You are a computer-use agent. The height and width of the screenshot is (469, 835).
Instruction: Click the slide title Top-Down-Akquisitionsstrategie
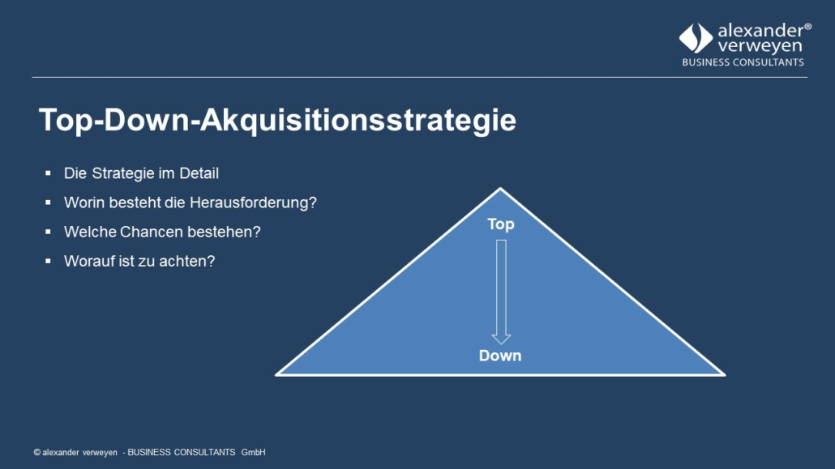pos(277,121)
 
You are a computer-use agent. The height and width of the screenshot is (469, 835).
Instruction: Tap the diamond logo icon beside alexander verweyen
pos(696,38)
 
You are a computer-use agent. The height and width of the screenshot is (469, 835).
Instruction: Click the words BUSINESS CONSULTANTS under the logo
pos(743,62)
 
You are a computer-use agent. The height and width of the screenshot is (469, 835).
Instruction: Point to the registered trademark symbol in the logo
pos(807,27)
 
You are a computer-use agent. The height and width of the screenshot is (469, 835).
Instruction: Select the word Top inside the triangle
pos(500,224)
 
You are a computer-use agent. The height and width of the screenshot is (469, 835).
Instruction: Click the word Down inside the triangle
pos(500,356)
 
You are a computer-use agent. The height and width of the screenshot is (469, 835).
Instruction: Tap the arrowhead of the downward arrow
pos(501,339)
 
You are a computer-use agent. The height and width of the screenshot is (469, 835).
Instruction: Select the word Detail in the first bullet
pos(199,173)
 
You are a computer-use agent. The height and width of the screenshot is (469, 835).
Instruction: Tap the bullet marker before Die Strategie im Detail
pos(48,173)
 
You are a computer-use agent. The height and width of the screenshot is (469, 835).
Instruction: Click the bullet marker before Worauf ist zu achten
pos(48,261)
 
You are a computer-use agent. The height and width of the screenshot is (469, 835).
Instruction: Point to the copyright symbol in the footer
pos(36,453)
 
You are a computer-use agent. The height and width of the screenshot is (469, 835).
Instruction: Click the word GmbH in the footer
pos(254,453)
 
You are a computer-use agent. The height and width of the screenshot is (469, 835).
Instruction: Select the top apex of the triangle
pos(500,188)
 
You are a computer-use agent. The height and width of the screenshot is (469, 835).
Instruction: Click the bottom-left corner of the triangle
pos(276,375)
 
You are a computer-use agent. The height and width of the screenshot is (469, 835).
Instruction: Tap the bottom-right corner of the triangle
pos(724,375)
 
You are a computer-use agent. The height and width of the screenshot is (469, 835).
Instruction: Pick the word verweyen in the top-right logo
pos(760,46)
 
